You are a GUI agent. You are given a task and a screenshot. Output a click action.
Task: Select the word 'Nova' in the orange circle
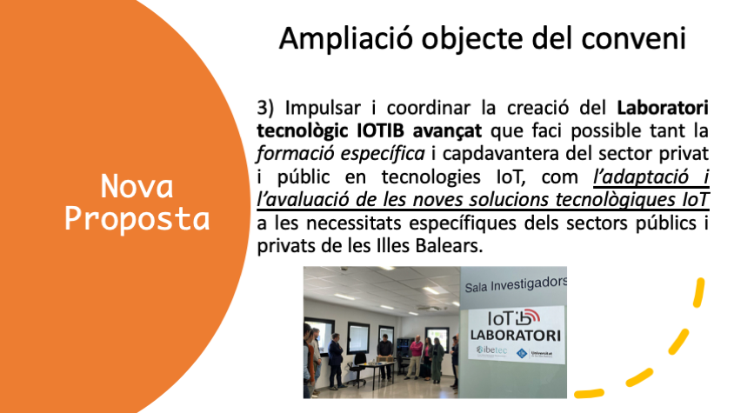click(x=137, y=186)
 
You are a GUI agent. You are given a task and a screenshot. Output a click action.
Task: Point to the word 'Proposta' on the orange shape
click(x=137, y=219)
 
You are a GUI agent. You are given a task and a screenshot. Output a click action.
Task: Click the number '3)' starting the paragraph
click(x=265, y=108)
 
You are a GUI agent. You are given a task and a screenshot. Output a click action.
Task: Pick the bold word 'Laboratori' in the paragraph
click(x=663, y=108)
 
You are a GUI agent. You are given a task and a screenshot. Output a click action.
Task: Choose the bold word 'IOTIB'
click(x=380, y=130)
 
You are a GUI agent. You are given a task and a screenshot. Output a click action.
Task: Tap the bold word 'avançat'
click(x=447, y=131)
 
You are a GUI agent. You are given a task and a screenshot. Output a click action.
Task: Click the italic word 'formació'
click(x=295, y=154)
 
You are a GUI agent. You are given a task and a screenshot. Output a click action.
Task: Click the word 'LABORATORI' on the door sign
click(x=516, y=336)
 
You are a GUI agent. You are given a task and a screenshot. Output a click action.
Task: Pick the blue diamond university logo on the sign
click(x=522, y=354)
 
